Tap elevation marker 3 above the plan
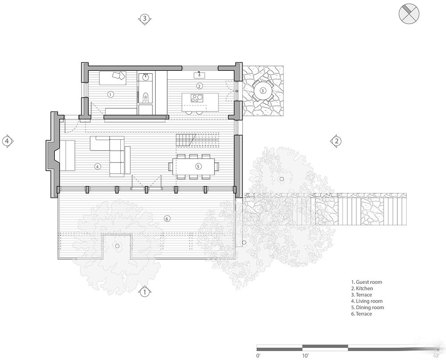point(145,19)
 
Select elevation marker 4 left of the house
point(8,141)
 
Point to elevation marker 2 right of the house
point(336,141)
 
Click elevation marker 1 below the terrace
point(145,291)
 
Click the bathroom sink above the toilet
point(146,76)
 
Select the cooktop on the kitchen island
point(196,98)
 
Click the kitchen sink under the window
point(199,75)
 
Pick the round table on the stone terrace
point(263,90)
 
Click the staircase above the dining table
point(197,140)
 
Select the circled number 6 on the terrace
point(167,218)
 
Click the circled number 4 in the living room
point(97,167)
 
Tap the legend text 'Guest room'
point(369,282)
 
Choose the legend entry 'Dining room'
point(370,307)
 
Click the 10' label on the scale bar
point(305,356)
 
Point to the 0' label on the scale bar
point(258,356)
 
